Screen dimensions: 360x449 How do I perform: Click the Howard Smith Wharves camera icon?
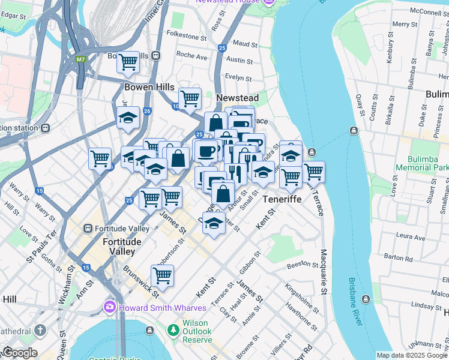[109, 307]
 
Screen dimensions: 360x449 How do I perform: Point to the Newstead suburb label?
[237, 98]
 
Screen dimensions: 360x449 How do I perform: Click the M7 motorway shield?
[80, 59]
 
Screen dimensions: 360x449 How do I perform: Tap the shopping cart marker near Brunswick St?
[162, 275]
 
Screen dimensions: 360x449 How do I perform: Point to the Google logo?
[19, 353]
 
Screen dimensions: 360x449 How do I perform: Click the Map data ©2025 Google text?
[412, 355]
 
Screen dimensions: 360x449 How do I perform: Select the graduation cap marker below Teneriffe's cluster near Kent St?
[213, 223]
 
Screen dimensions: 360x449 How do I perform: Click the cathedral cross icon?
[40, 331]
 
